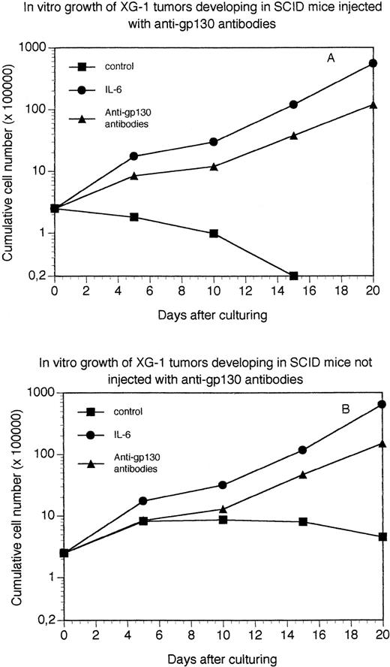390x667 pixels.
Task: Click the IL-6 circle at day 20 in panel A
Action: coord(373,63)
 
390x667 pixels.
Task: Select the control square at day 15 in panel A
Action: coord(293,276)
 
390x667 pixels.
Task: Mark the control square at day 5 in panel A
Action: coord(134,217)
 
